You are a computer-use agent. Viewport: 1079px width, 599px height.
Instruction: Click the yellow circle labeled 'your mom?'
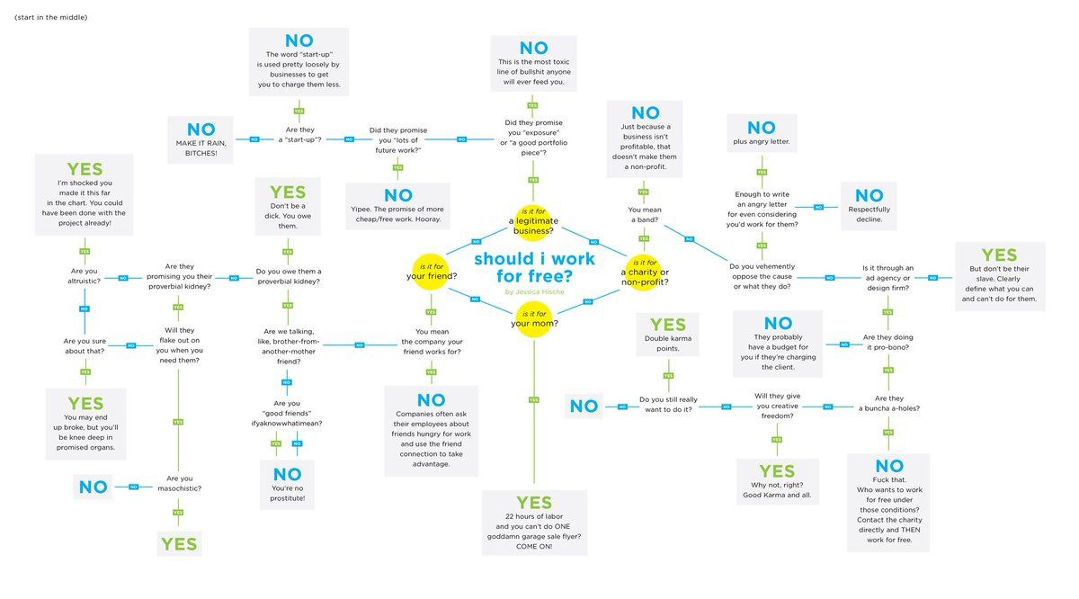(534, 318)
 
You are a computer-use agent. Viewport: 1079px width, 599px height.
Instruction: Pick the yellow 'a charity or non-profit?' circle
(645, 271)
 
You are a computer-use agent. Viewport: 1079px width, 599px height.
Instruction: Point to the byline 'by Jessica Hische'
(534, 291)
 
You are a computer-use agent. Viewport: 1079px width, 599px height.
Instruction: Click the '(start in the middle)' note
(50, 18)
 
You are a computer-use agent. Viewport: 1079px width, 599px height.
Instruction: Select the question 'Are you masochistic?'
(179, 484)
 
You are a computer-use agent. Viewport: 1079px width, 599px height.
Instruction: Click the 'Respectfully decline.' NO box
(869, 206)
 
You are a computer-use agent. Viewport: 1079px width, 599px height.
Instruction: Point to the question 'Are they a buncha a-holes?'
(888, 403)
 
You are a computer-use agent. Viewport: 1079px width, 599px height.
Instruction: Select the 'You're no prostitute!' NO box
(288, 485)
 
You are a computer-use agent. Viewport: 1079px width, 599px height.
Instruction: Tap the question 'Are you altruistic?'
(84, 275)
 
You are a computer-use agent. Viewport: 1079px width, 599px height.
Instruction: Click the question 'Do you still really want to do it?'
(668, 404)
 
